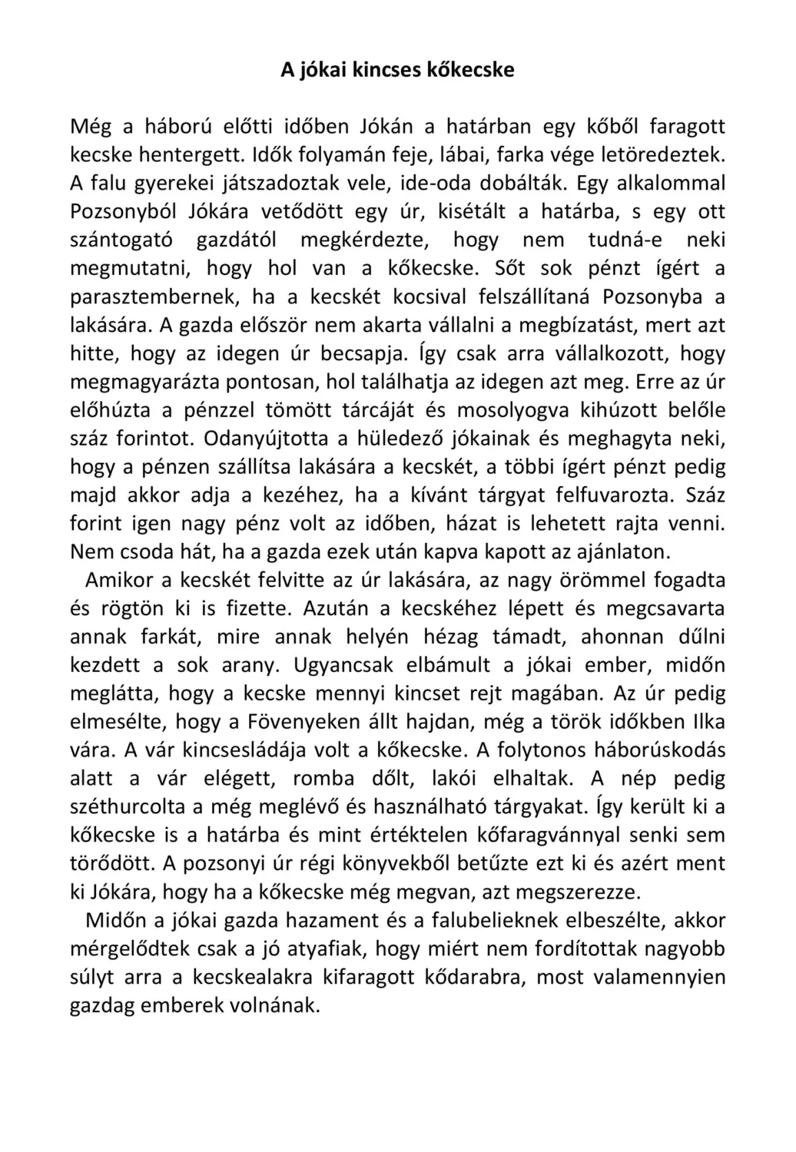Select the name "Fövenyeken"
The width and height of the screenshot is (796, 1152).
pyautogui.click(x=306, y=722)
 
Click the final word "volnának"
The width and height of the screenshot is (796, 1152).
pyautogui.click(x=271, y=1006)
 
